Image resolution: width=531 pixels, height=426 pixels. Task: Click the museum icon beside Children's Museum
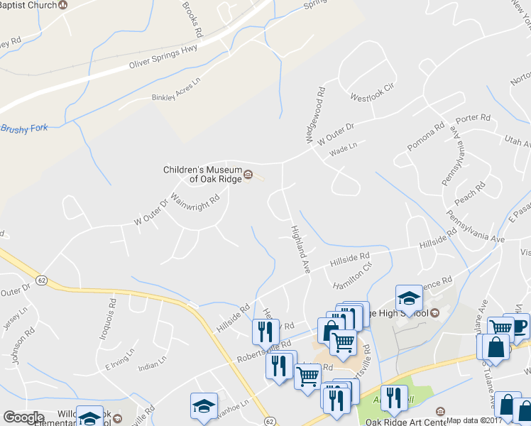point(248,175)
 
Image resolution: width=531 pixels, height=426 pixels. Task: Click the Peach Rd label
point(470,194)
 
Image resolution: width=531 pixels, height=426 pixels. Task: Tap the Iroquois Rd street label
point(111,322)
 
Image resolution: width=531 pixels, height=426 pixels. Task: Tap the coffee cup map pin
point(519,326)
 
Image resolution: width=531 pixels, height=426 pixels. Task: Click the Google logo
point(24,417)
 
